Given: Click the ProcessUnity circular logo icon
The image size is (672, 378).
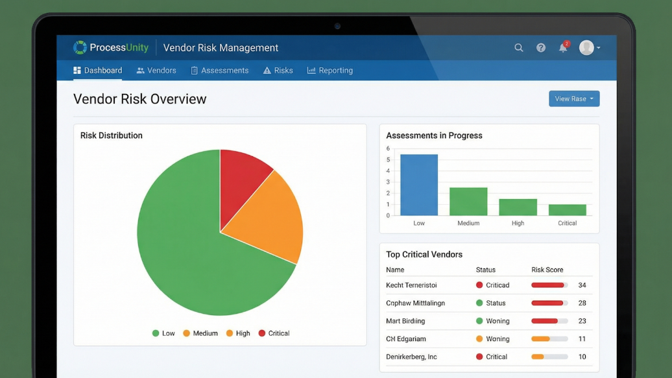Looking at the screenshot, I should coord(80,47).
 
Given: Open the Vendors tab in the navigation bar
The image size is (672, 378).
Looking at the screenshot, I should coord(156,71).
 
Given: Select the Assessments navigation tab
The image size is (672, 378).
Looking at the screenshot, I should coord(219,71).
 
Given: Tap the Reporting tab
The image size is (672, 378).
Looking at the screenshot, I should coord(330,71).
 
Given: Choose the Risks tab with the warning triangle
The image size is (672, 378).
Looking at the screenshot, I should coord(278,71).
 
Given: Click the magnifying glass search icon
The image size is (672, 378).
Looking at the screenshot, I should coord(519,47).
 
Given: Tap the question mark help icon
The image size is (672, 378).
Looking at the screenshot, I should coord(541,47).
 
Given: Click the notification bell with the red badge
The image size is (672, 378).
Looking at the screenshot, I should coord(563,47).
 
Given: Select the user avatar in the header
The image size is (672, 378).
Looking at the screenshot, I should coord(586,47).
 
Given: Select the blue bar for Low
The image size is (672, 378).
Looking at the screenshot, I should coord(419,185).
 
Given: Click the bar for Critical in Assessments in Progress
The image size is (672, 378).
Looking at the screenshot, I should coord(567,209).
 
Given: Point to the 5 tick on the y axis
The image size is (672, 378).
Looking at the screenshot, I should coord(388,159).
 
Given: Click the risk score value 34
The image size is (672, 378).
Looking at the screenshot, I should coord(582,285).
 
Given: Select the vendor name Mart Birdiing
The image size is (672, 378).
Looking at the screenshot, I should coord(405,321).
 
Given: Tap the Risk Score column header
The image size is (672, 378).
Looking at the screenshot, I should coord(547,270).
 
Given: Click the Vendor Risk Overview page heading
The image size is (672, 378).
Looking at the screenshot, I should coord(139,99).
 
